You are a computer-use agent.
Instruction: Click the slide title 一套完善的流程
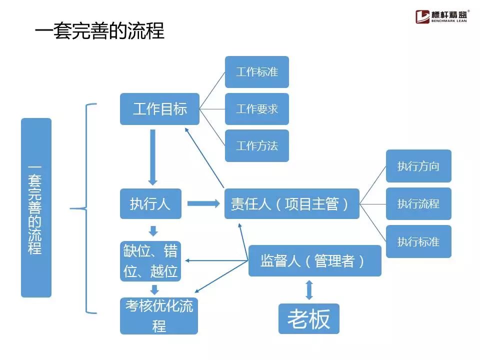[x=99, y=31]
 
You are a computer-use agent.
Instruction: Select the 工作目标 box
[x=159, y=109]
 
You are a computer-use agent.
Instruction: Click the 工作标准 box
[x=256, y=72]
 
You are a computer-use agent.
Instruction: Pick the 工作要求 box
[x=256, y=109]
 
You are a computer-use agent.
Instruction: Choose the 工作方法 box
[x=256, y=146]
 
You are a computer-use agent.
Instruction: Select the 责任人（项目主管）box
[x=291, y=203]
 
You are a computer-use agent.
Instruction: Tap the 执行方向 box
[x=418, y=166]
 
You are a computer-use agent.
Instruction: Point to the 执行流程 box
[x=418, y=203]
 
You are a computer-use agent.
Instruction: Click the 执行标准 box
[x=418, y=241]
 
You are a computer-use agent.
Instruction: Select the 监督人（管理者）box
[x=314, y=260]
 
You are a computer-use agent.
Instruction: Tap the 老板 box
[x=308, y=318]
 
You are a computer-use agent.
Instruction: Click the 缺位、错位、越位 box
[x=151, y=261]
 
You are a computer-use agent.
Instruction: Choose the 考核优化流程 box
[x=159, y=316]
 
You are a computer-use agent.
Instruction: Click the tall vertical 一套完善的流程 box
[x=36, y=207]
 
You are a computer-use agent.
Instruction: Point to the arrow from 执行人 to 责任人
[x=203, y=203]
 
